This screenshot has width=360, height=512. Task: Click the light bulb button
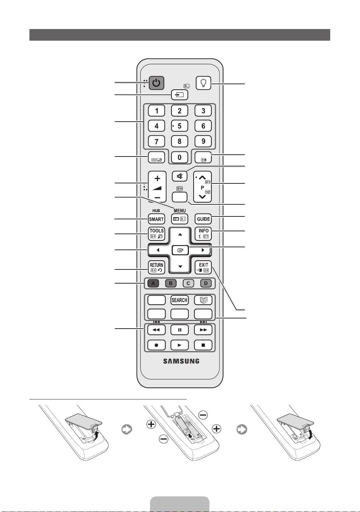coord(203,83)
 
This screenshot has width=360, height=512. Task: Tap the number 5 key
coord(179,126)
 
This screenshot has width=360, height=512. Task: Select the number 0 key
coord(179,158)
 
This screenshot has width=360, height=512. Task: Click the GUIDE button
coord(203,219)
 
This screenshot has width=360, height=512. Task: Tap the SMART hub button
coord(157,219)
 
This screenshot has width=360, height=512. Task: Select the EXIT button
coord(203,268)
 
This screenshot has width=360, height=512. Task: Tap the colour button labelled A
coord(153,283)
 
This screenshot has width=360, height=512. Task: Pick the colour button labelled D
coord(206,283)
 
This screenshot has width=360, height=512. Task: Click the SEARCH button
coord(179,300)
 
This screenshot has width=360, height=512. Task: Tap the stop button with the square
coord(203,345)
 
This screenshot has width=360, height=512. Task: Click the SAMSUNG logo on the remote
coord(181,361)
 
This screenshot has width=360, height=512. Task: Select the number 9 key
coord(203,141)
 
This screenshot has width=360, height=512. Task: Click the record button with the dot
coord(157,345)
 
